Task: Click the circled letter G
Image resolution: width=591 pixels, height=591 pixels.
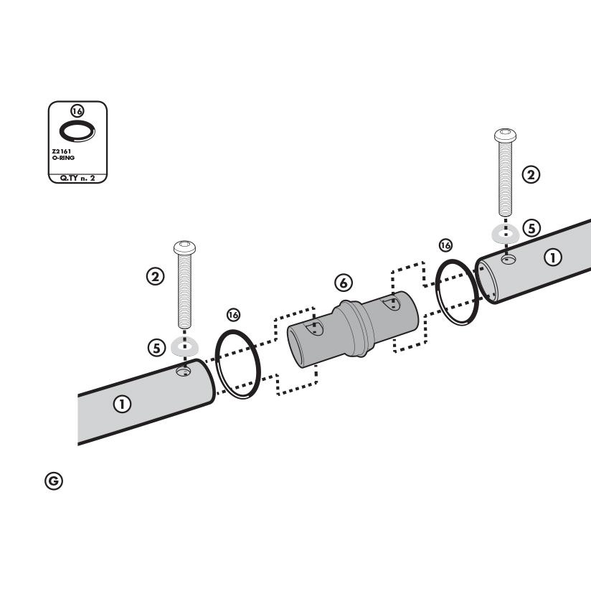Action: (x=54, y=481)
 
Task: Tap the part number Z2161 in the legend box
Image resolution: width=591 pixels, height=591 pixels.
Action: (x=62, y=151)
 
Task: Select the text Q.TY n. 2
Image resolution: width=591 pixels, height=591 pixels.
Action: (x=77, y=179)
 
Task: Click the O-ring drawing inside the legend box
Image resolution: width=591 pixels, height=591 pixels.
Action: (x=77, y=131)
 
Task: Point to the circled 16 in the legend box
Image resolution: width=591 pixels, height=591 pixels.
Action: (x=77, y=111)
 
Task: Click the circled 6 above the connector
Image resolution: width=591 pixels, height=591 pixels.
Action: (x=344, y=283)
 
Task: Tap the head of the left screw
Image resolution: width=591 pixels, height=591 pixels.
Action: (x=185, y=247)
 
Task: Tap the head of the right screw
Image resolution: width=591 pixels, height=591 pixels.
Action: (x=505, y=135)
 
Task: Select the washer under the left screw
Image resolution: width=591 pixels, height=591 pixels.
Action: (x=184, y=346)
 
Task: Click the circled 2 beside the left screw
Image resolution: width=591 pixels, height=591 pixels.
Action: (x=156, y=277)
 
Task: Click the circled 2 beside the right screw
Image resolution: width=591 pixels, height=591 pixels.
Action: (x=531, y=175)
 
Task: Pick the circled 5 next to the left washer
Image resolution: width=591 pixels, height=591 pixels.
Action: (x=157, y=348)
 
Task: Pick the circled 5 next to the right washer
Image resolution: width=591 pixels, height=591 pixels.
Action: (x=531, y=228)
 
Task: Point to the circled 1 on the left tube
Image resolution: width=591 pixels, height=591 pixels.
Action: (x=122, y=404)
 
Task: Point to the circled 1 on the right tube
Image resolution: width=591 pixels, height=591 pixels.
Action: (x=553, y=257)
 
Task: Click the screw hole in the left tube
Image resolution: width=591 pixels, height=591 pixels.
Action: (x=184, y=372)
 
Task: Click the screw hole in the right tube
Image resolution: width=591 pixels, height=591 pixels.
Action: (x=509, y=260)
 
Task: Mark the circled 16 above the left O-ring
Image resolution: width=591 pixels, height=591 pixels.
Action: (x=233, y=315)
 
